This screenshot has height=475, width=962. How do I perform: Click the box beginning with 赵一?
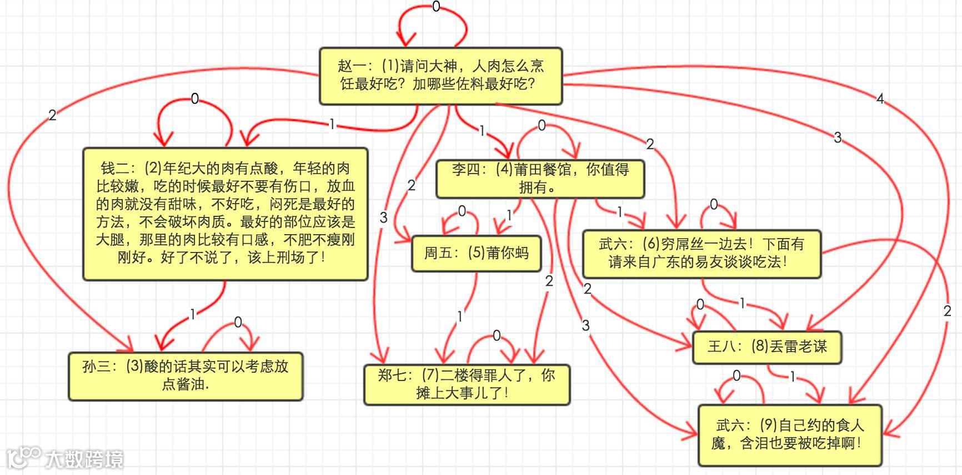pos(440,76)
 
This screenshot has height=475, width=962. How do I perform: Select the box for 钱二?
pos(225,214)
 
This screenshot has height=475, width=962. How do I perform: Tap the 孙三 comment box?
pos(185,375)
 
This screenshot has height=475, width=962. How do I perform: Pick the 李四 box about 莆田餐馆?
pos(540,178)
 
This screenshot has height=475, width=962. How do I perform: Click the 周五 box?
pos(476,253)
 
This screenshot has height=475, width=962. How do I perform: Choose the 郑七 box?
pos(467,384)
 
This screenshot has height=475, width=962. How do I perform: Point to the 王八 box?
pos(766,347)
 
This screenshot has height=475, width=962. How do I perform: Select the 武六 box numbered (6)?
pos(701,253)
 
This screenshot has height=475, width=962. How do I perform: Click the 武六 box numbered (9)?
pos(789,434)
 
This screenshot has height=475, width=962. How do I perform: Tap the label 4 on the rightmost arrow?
pos(880,99)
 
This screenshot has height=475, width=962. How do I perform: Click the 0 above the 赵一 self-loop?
pos(436,7)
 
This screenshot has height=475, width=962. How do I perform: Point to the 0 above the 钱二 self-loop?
pos(195,99)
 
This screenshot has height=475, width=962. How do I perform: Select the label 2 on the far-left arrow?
pos(52,115)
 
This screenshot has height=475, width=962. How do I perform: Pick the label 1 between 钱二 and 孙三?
pos(193,314)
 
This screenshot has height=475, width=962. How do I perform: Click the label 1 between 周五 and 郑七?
pos(460,316)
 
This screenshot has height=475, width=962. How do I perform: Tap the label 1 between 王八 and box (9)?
pos(793,377)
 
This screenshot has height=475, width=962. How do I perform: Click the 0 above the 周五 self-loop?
pos(462,211)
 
